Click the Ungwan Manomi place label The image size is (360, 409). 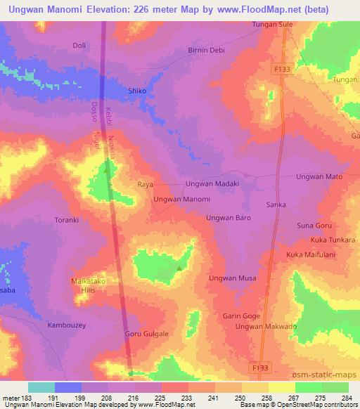coord(182,200)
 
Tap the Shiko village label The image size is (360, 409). coord(137,91)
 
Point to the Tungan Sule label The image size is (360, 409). coord(272,25)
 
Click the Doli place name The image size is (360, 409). coord(79,46)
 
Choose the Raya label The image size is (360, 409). coord(145,184)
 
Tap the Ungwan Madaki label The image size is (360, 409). coord(212,184)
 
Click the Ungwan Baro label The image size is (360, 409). coord(229,218)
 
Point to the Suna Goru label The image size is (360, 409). coord(314,226)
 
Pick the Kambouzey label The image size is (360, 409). coord(65,325)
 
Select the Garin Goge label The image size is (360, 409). coord(242,316)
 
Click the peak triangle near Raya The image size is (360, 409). coord(107,169)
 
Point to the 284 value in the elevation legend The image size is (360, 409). coord(347,398)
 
